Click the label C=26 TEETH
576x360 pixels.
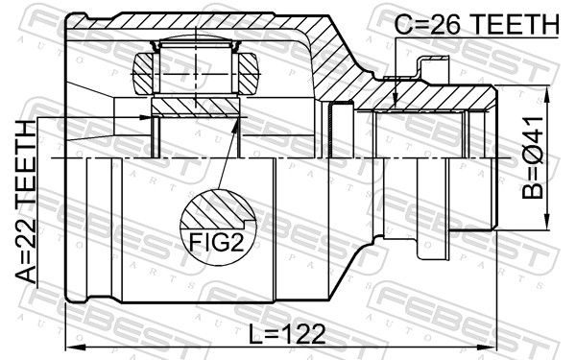(x=476, y=25)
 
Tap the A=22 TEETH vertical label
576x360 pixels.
(x=26, y=202)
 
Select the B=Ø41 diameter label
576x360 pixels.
(x=532, y=158)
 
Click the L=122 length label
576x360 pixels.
(x=287, y=334)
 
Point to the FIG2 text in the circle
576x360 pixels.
(x=216, y=242)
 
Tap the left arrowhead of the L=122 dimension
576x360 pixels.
(x=76, y=347)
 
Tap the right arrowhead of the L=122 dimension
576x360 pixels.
(x=486, y=347)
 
